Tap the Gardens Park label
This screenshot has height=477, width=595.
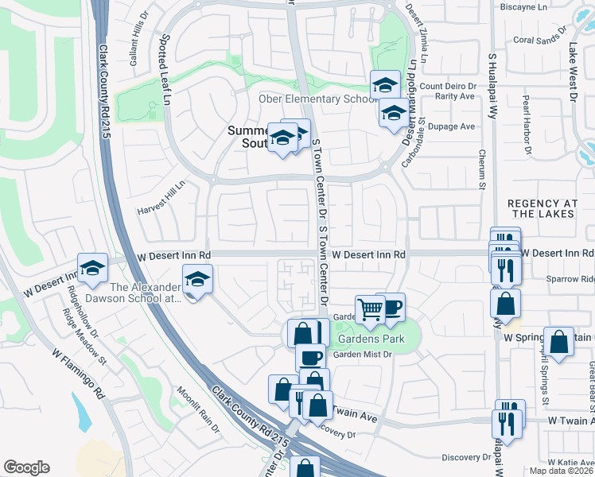point(371,339)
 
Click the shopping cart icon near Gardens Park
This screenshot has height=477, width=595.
point(370,308)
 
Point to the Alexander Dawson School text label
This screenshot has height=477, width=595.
point(146,293)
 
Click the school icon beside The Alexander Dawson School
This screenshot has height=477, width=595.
point(196,279)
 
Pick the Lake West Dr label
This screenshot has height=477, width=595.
point(573,72)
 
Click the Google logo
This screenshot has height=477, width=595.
point(26,467)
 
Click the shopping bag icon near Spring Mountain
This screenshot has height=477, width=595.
point(558,342)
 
